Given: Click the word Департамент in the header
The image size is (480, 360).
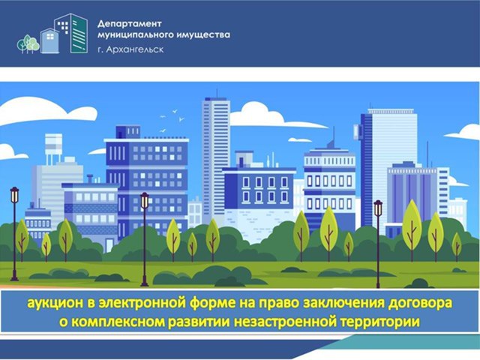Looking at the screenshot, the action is [129, 24].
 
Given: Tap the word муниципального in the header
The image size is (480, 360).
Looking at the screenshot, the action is [133, 35].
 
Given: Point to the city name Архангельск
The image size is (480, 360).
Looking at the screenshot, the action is [135, 49].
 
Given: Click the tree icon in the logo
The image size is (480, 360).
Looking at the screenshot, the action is [28, 44].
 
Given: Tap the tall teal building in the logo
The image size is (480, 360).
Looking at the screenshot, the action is [79, 34].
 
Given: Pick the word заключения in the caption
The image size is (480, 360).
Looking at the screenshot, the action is [343, 303].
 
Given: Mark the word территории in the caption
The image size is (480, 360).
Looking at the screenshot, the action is [380, 322].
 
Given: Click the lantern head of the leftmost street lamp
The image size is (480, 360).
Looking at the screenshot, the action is [14, 195].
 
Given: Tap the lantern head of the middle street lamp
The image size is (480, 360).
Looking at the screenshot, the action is [145, 200].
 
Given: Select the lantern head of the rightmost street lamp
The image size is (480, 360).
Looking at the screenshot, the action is [378, 208].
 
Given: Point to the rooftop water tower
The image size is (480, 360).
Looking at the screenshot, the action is [53, 147].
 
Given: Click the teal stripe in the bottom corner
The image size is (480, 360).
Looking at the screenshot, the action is [410, 342].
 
